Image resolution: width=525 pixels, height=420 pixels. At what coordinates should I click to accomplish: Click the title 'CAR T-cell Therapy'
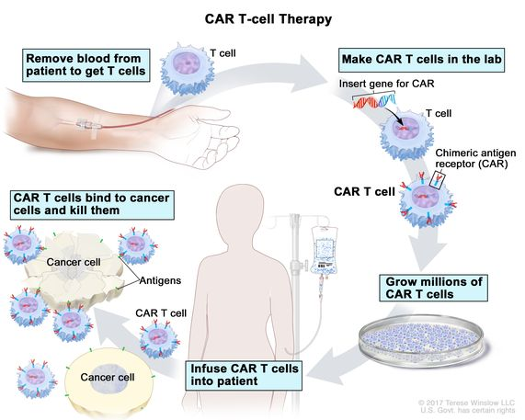click(261, 17)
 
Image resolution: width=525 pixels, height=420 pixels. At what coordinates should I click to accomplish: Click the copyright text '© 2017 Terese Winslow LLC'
click(464, 402)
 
